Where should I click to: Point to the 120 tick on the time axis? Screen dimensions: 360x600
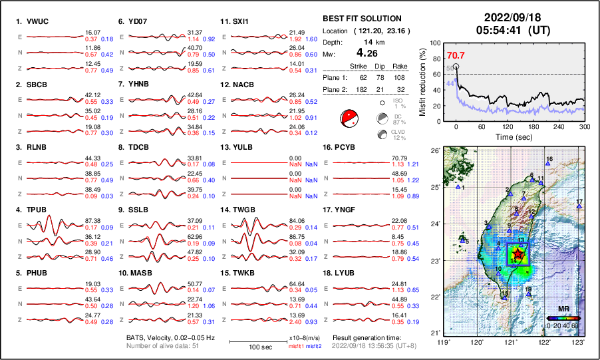[507, 126]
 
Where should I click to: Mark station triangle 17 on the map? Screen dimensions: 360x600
[579, 207]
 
